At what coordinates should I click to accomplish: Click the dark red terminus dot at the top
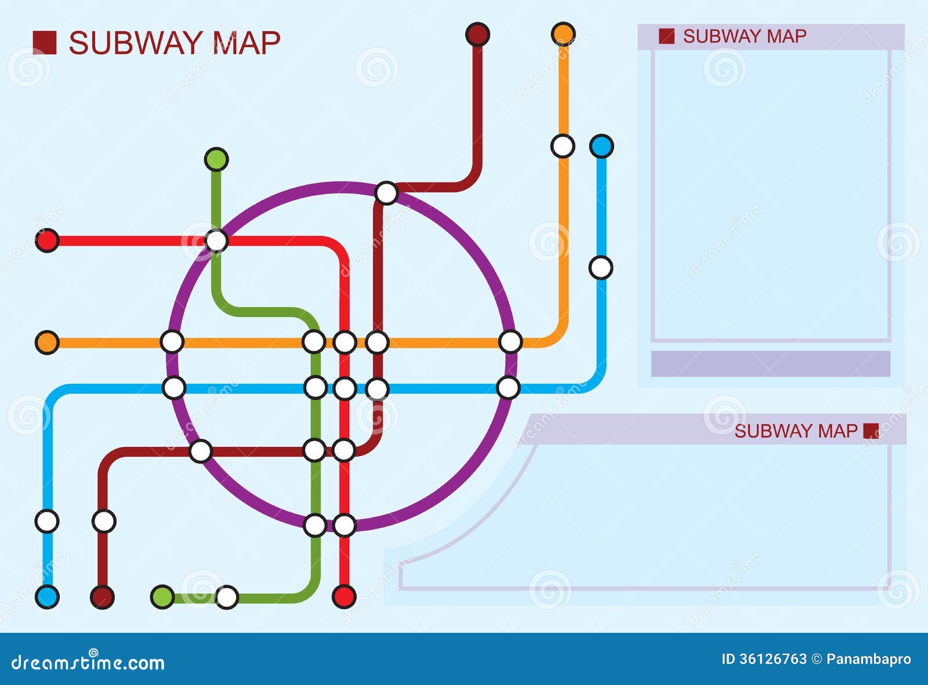click(x=477, y=34)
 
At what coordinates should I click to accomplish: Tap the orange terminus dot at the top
click(x=563, y=34)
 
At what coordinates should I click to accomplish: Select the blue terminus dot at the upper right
click(x=601, y=146)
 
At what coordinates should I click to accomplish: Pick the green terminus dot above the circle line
click(x=216, y=159)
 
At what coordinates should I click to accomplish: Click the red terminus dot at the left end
click(x=47, y=241)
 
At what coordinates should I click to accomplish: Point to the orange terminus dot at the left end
click(x=47, y=343)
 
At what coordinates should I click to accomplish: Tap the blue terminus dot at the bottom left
click(x=47, y=596)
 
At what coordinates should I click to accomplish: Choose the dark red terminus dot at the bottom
click(x=103, y=597)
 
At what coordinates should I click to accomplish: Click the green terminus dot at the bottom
click(x=162, y=597)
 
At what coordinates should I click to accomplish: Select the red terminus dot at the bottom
click(x=344, y=596)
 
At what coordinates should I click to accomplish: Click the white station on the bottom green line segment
click(x=227, y=597)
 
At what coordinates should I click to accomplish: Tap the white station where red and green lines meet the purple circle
click(x=216, y=241)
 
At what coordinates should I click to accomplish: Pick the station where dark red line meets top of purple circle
click(x=386, y=193)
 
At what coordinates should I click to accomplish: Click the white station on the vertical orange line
click(x=563, y=146)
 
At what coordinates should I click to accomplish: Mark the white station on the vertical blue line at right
click(x=601, y=268)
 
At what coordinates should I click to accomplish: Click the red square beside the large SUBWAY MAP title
click(x=45, y=43)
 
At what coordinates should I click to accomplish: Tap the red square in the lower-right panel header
click(x=871, y=431)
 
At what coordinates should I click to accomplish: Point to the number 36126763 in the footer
click(x=772, y=659)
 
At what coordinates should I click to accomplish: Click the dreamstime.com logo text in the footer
click(x=88, y=662)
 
